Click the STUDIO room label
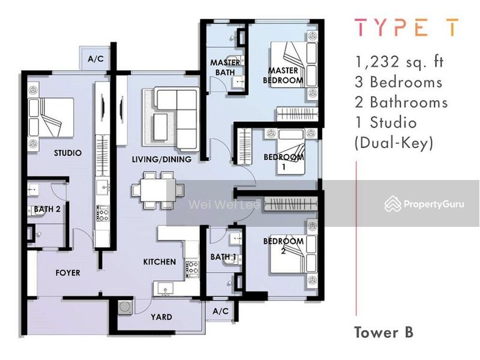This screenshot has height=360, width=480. pyautogui.click(x=68, y=153)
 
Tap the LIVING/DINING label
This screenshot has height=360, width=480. pyautogui.click(x=161, y=159)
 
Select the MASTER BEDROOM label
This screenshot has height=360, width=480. pyautogui.click(x=283, y=76)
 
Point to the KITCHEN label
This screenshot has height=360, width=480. pyautogui.click(x=160, y=262)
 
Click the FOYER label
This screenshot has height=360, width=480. pyautogui.click(x=68, y=273)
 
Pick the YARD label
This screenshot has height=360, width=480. pyautogui.click(x=161, y=317)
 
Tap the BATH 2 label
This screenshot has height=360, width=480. pyautogui.click(x=47, y=209)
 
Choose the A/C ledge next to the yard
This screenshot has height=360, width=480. pyautogui.click(x=221, y=311)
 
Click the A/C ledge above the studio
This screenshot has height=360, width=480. pyautogui.click(x=95, y=58)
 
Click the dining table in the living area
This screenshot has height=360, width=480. pyautogui.click(x=158, y=190)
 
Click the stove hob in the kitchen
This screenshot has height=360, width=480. pyautogui.click(x=193, y=269)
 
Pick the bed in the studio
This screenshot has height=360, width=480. pyautogui.click(x=51, y=118)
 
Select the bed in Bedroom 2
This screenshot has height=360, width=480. pyautogui.click(x=293, y=254)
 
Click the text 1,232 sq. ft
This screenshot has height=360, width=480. pyautogui.click(x=399, y=62)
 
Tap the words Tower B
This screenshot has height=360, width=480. pyautogui.click(x=384, y=332)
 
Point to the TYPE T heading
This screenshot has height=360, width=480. pyautogui.click(x=407, y=27)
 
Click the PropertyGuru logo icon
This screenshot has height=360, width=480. pyautogui.click(x=393, y=204)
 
